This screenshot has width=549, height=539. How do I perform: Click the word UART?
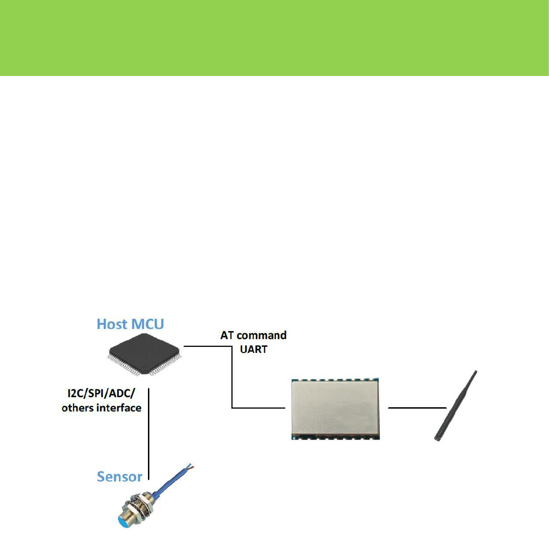[x=254, y=350]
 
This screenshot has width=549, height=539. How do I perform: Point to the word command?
[x=261, y=335]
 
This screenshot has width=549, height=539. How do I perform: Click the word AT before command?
[x=227, y=335]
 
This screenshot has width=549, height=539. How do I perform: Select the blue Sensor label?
[x=119, y=477]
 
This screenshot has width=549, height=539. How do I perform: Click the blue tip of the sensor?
[x=123, y=522]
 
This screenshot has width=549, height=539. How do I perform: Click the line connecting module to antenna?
[x=418, y=408]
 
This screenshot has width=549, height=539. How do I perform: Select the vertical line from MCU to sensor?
[x=149, y=433]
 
